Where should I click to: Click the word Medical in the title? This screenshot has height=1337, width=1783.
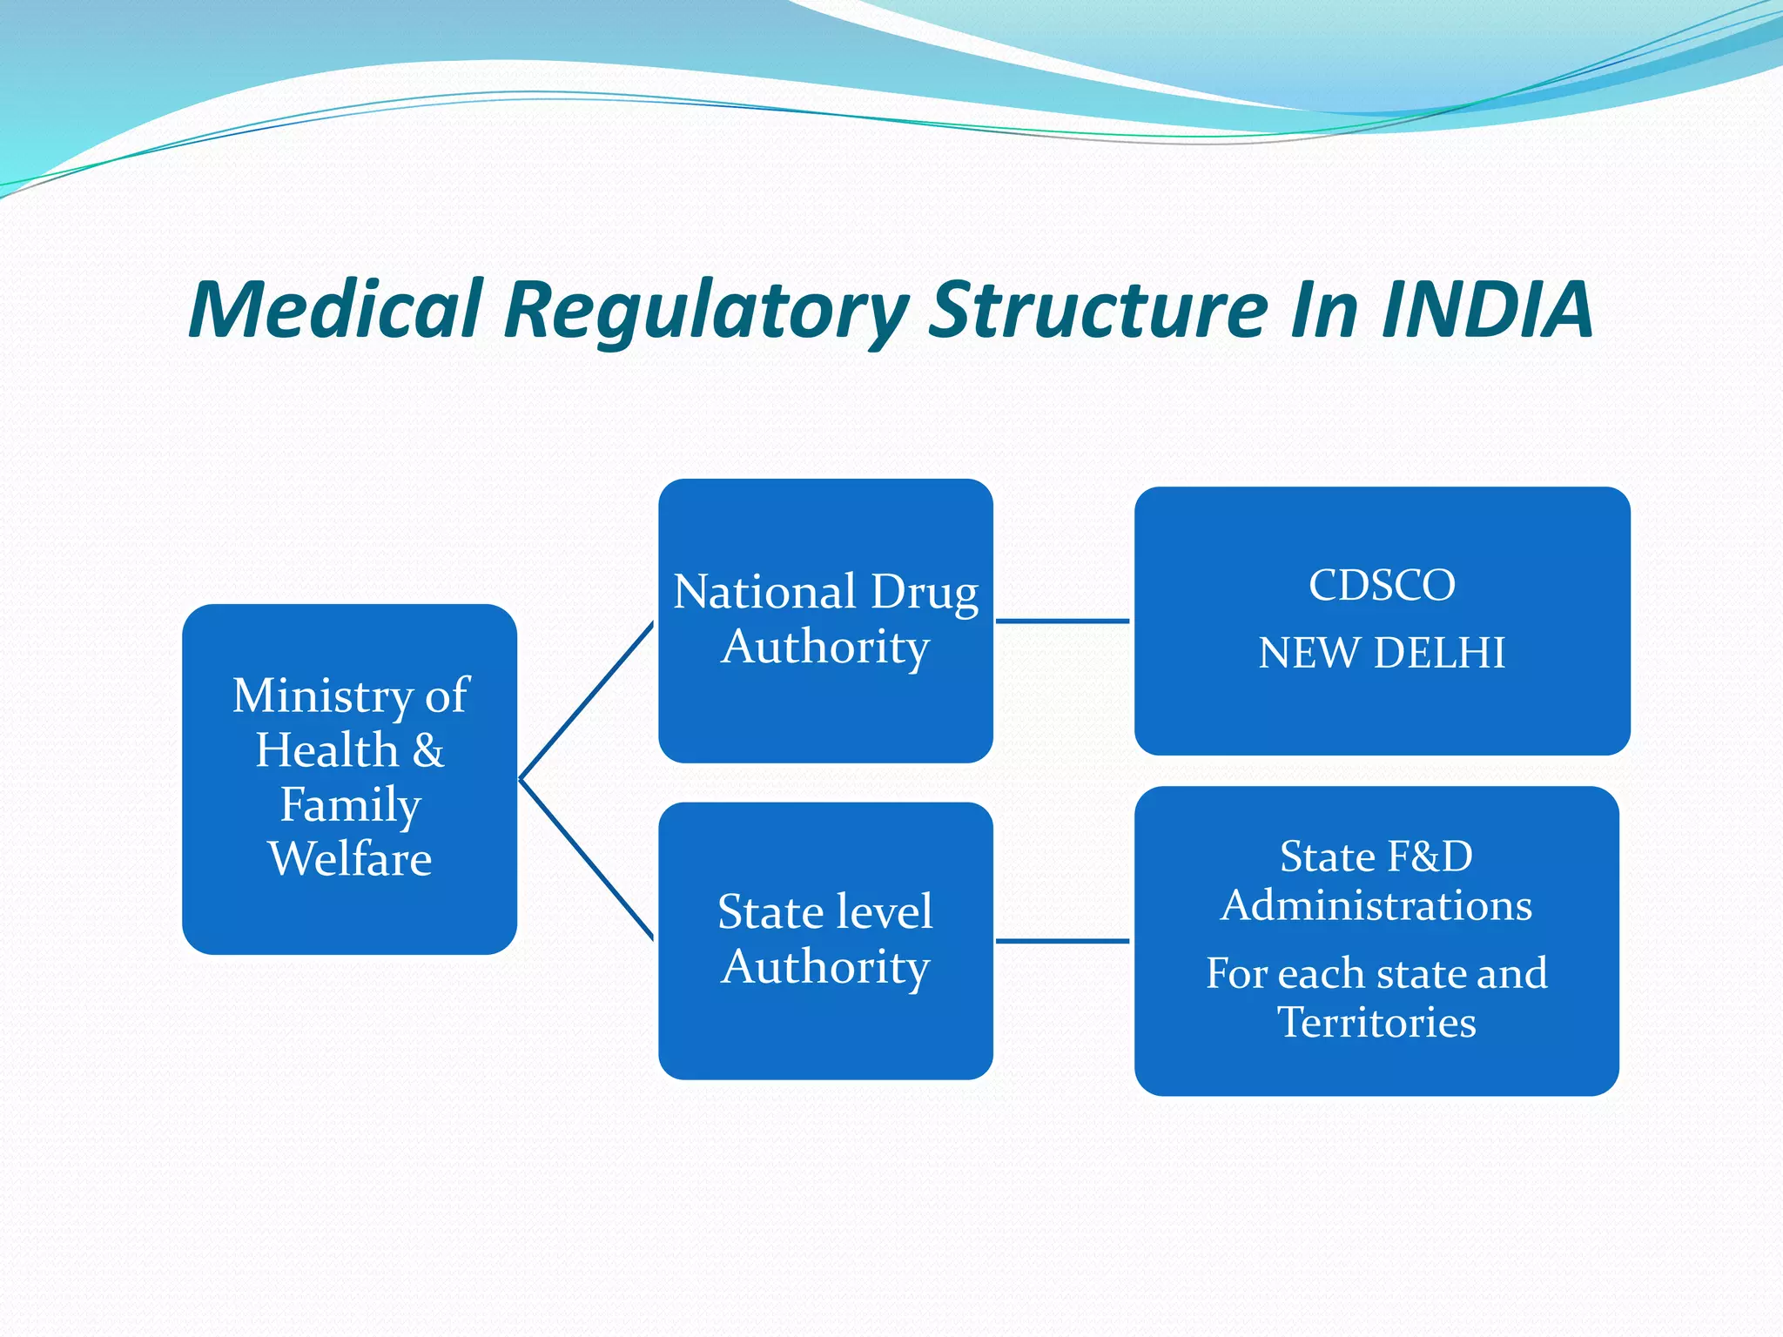pos(335,310)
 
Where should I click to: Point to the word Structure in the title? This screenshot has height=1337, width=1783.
pos(1097,310)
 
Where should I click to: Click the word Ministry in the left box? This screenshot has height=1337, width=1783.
pos(323,696)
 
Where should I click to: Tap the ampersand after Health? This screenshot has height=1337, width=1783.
pos(428,750)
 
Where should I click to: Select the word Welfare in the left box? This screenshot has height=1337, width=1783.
pos(350,859)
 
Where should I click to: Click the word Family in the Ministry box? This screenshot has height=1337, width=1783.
pos(350,805)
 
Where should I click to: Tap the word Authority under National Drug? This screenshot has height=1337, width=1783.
pos(825,648)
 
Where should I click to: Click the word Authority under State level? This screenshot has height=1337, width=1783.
pos(825,968)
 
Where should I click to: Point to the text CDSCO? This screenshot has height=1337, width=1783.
pos(1382,585)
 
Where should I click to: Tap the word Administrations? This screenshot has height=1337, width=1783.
pos(1376,905)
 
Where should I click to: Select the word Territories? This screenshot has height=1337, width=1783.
pos(1376,1022)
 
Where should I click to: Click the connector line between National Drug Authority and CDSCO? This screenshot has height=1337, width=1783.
pos(1062,621)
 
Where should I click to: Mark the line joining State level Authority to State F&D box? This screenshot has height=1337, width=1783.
pos(1062,941)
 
